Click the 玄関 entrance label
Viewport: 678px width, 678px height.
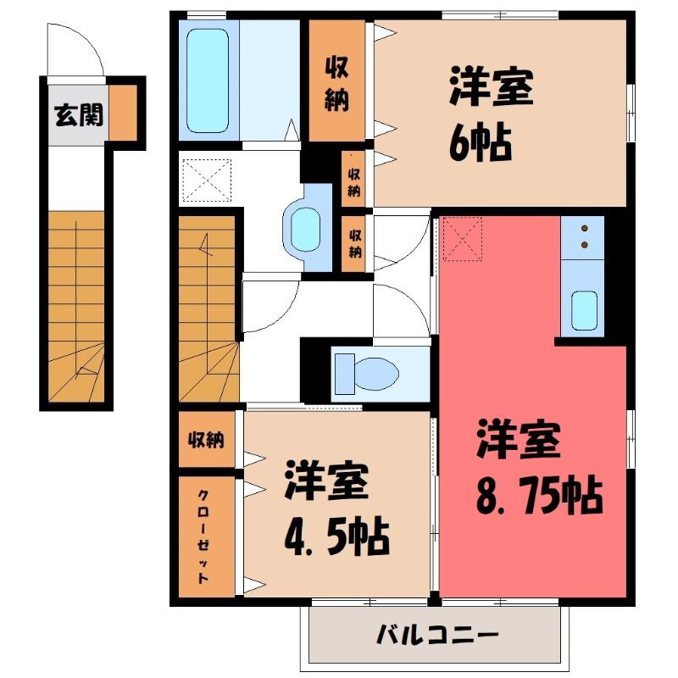(79, 115)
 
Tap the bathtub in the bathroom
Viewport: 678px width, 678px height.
(208, 81)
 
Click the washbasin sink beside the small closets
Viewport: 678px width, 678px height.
(305, 229)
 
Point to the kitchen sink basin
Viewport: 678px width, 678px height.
(584, 310)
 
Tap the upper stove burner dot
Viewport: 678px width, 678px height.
(585, 228)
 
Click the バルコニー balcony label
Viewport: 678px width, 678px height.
(437, 635)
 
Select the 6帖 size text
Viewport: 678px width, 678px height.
(481, 142)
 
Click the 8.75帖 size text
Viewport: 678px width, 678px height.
(539, 495)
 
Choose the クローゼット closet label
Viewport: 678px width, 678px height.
(203, 536)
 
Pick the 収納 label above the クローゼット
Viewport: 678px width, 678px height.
(206, 440)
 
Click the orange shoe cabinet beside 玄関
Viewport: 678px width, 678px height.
(122, 113)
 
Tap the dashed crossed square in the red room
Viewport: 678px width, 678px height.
(462, 239)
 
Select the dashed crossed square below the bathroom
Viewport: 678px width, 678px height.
(207, 181)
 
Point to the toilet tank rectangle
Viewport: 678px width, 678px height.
(345, 374)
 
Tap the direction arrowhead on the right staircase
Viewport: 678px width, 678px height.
(205, 243)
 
